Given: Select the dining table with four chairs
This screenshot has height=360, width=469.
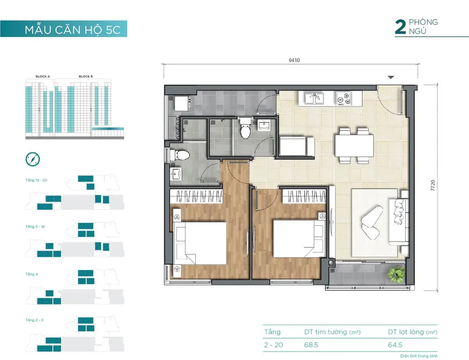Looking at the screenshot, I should pos(354,146).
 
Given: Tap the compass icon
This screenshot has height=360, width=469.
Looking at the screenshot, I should pos(32,159).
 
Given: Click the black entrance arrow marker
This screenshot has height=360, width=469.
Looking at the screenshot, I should pos(391,77).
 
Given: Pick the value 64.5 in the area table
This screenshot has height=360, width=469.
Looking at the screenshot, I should pos(395,345).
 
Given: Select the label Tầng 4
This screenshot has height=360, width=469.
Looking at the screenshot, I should pos(31,274).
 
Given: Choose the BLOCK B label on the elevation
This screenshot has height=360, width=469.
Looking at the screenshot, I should pos(86,77).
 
